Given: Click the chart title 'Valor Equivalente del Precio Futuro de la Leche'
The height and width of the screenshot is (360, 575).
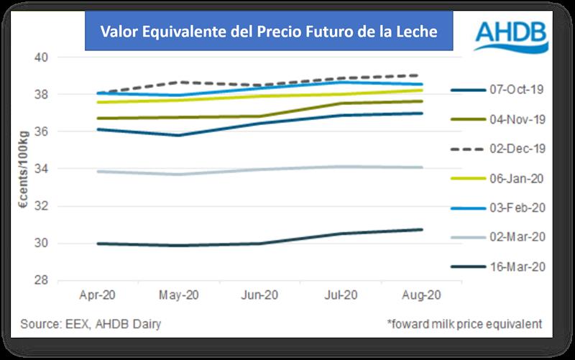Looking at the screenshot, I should pyautogui.click(x=269, y=32).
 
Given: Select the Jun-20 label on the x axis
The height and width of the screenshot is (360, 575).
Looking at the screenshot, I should pyautogui.click(x=261, y=295).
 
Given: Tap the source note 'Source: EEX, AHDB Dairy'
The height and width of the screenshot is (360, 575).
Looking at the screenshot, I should pyautogui.click(x=91, y=324).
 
